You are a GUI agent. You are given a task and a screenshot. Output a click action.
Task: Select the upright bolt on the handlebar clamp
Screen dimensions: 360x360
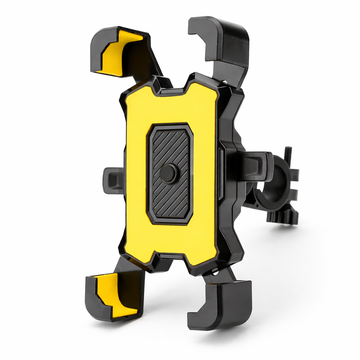(x=288, y=155)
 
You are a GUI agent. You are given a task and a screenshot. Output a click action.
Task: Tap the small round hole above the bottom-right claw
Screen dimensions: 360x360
(x=214, y=270)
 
